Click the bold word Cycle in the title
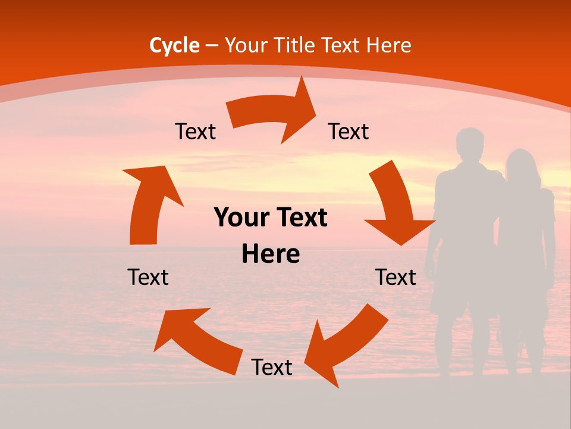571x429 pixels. [x=174, y=45]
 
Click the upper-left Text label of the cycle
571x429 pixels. [x=195, y=132]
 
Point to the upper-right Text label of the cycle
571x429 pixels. [x=349, y=132]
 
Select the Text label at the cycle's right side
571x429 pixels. [x=396, y=277]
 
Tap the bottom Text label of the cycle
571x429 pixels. [x=272, y=368]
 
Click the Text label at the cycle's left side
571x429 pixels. [x=148, y=277]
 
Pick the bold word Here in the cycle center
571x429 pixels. [x=271, y=254]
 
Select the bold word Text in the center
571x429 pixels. [x=298, y=218]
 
